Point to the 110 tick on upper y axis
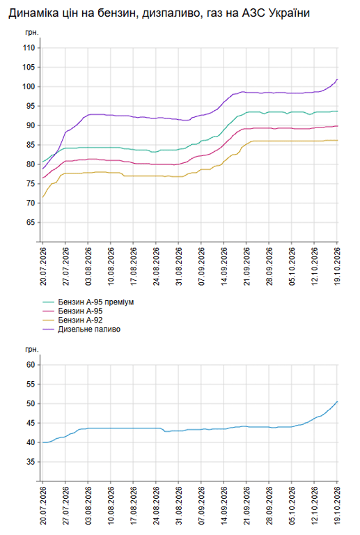tap(29, 48)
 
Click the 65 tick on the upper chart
tap(31, 222)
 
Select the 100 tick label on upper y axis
tap(29, 86)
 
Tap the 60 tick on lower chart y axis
tap(31, 365)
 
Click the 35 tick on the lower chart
tap(31, 462)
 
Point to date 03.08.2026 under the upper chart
tap(88, 267)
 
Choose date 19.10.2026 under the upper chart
tap(337, 267)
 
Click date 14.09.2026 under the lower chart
tap(224, 506)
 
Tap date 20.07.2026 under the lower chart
tap(43, 506)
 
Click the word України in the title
tap(289, 13)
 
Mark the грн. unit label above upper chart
tap(32, 33)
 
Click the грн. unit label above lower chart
tap(32, 350)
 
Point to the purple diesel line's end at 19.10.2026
tap(337, 79)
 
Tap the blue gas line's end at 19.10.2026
tap(337, 401)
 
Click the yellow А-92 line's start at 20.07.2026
tap(42, 197)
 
